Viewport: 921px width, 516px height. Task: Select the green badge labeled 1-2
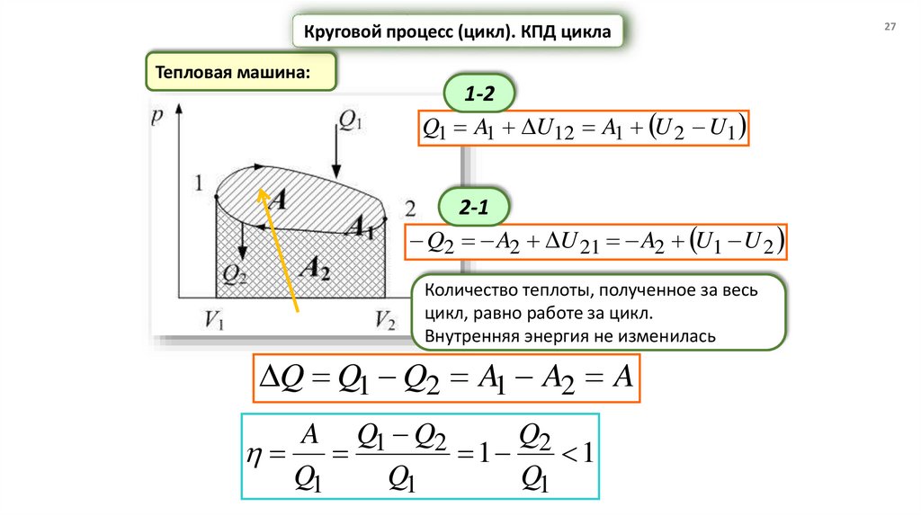(476, 93)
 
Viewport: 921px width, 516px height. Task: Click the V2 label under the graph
(385, 321)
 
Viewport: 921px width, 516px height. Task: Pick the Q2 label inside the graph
(236, 272)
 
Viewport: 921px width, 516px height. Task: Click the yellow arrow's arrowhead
(259, 191)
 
